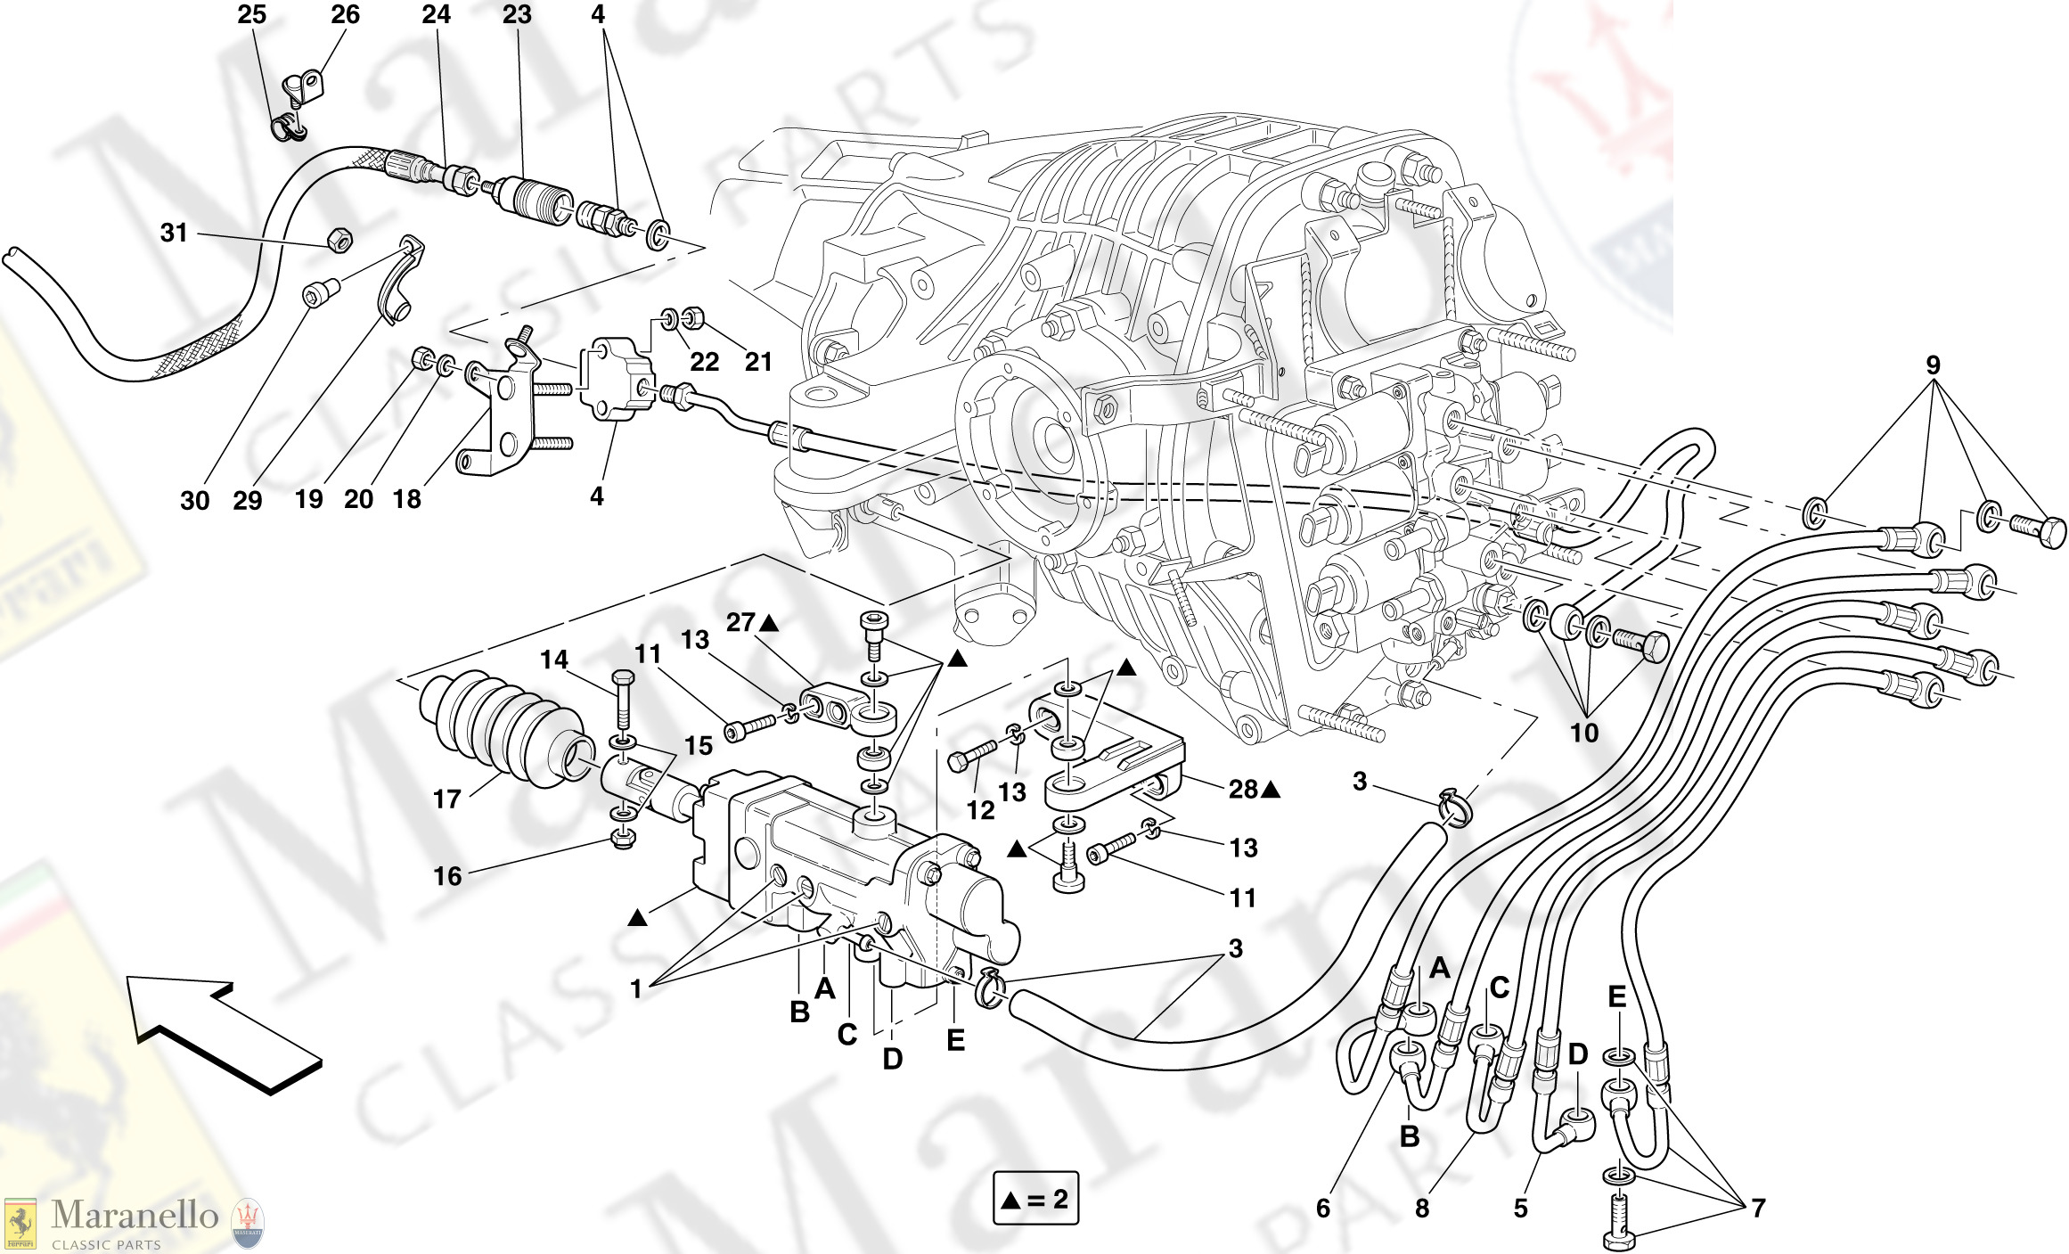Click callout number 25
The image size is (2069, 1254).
pyautogui.click(x=252, y=14)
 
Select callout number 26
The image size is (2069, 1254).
pyautogui.click(x=345, y=14)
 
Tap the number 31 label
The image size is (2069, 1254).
pyautogui.click(x=174, y=233)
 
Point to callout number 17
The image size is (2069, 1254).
pyautogui.click(x=446, y=799)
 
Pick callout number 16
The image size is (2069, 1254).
pyautogui.click(x=447, y=876)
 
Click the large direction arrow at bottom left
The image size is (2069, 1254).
pyautogui.click(x=223, y=1034)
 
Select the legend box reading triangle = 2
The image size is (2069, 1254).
pyautogui.click(x=1035, y=1198)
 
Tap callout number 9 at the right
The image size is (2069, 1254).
pyautogui.click(x=1933, y=365)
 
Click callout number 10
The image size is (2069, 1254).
pyautogui.click(x=1583, y=733)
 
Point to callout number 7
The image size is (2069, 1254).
pyautogui.click(x=1758, y=1208)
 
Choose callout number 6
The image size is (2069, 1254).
pyautogui.click(x=1323, y=1209)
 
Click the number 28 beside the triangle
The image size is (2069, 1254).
pyautogui.click(x=1243, y=789)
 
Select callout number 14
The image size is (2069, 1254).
pyautogui.click(x=553, y=660)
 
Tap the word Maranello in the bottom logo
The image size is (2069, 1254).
pyautogui.click(x=135, y=1215)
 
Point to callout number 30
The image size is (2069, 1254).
pyautogui.click(x=194, y=500)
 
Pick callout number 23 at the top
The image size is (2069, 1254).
pyautogui.click(x=516, y=14)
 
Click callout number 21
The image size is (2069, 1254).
pyautogui.click(x=758, y=362)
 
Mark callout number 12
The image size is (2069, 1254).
pyautogui.click(x=980, y=810)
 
